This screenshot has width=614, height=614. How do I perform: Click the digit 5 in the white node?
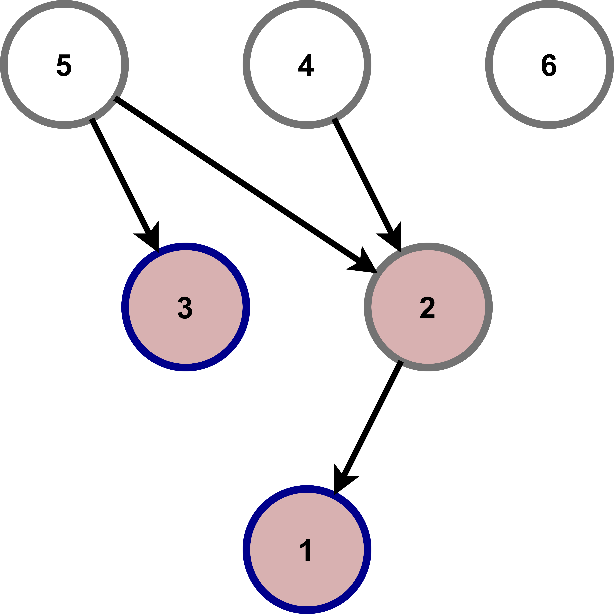click(64, 65)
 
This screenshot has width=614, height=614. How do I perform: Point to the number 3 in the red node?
click(185, 308)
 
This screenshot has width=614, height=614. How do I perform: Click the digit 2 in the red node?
click(427, 308)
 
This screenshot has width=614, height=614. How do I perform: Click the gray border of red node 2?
click(489, 307)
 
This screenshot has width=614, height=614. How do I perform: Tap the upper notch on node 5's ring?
click(117, 99)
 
